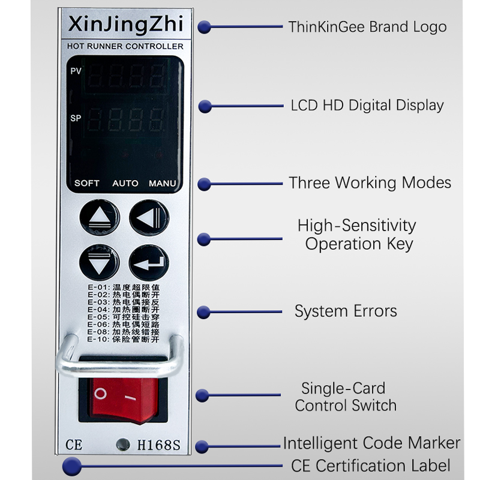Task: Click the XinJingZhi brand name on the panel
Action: coord(125,25)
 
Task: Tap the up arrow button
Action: coord(96,218)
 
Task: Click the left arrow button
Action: coord(146,218)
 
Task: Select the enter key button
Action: coord(146,262)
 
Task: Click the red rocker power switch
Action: coord(121,395)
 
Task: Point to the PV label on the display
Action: coord(76,71)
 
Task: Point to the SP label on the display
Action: coord(76,118)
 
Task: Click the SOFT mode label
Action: coord(87,183)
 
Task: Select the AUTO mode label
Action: coord(125,183)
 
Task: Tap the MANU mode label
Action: coord(163,183)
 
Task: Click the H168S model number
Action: coord(159,445)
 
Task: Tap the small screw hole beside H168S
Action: coord(123,445)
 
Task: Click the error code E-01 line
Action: coord(123,287)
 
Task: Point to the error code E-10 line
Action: coord(123,339)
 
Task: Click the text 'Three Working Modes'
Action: coord(370,182)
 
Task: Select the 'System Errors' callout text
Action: coord(346,311)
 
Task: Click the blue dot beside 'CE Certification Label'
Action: coord(72,466)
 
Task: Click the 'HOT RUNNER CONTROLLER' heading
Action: coord(125,46)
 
